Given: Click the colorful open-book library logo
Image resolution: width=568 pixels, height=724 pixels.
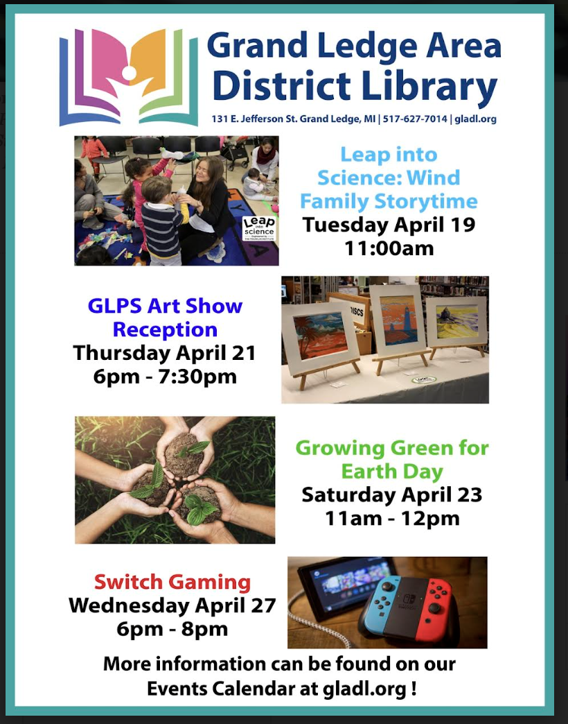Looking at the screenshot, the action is click(x=129, y=77).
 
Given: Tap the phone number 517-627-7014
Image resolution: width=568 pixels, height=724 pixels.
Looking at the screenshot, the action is click(x=415, y=119).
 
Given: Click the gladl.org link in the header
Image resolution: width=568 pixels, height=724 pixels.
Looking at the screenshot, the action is click(x=475, y=119).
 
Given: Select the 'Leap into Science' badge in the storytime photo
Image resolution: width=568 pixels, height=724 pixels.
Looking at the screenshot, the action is click(x=259, y=229).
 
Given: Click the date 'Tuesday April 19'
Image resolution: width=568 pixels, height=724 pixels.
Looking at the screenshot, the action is click(x=389, y=225).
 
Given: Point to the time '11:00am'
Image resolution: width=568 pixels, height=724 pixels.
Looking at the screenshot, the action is click(x=389, y=248).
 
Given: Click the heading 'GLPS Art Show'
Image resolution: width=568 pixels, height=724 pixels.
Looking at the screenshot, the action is click(x=165, y=306).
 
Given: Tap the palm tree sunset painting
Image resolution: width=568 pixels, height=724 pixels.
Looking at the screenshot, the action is click(x=321, y=335).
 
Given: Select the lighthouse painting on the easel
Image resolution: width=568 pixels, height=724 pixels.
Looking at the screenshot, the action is click(x=399, y=320).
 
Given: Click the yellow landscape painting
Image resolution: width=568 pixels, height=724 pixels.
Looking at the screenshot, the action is click(x=457, y=322).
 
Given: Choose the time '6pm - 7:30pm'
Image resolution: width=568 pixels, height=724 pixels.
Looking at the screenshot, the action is click(x=165, y=377).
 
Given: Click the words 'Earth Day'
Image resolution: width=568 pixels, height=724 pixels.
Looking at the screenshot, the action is click(x=392, y=472).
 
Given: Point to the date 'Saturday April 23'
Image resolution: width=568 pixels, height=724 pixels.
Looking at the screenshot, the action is click(x=392, y=495).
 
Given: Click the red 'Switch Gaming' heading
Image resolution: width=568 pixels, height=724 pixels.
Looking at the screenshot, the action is click(x=172, y=582).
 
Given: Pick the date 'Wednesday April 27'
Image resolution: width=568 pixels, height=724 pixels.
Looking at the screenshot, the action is click(x=172, y=605).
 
